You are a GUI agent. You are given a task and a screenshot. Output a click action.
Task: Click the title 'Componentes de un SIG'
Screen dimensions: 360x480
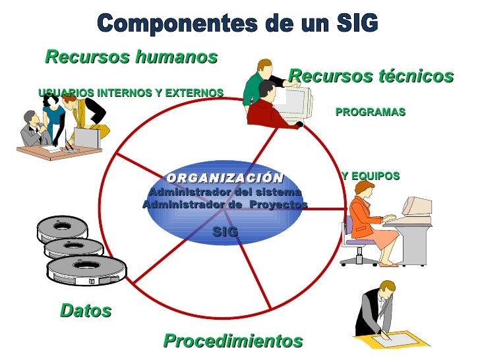(x=238, y=24)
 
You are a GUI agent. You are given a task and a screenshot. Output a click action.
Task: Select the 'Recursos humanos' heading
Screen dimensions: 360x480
(x=131, y=57)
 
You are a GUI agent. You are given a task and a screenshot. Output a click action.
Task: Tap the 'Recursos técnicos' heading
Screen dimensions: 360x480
(x=371, y=76)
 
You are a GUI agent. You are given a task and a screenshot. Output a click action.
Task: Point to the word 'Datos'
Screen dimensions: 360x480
(x=86, y=311)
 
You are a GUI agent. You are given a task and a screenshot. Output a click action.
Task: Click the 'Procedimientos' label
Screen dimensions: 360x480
(x=233, y=341)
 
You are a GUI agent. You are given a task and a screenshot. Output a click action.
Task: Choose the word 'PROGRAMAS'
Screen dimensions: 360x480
(x=370, y=112)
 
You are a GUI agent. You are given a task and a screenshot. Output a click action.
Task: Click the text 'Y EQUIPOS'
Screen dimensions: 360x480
(x=371, y=176)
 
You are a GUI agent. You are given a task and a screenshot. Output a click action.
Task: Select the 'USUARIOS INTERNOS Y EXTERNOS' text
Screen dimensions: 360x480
(x=131, y=93)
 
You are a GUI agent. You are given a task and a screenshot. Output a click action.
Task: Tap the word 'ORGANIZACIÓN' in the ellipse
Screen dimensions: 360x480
(x=225, y=178)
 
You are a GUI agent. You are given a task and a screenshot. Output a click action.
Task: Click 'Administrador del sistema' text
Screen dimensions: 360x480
(x=225, y=192)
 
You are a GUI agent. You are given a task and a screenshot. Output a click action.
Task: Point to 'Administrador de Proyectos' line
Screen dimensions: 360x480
(x=225, y=204)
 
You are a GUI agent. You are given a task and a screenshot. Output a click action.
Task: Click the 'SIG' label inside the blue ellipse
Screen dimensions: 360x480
(x=225, y=232)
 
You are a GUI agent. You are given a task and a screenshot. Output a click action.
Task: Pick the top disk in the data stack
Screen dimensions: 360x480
(x=63, y=227)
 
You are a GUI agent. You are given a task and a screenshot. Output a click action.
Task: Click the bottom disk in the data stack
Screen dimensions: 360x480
(x=86, y=271)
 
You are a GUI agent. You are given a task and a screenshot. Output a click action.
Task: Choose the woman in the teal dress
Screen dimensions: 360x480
(x=55, y=119)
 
